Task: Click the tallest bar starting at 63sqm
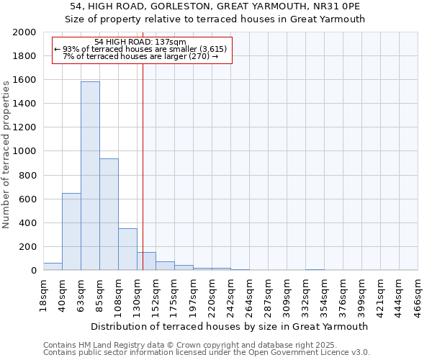pos(90,176)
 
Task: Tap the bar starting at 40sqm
pos(71,231)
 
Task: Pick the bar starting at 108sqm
pos(127,249)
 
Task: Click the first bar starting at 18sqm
pos(53,266)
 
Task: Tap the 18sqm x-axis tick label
pos(44,294)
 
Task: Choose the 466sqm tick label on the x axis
pos(418,294)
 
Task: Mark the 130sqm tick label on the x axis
pos(138,294)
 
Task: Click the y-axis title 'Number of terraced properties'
pos(6,152)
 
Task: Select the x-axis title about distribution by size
pos(230,326)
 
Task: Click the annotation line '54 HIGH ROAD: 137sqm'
pos(140,42)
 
